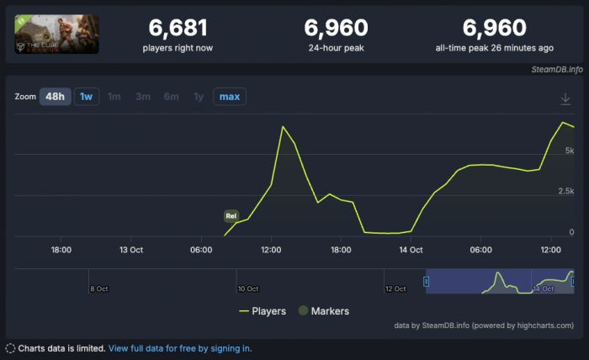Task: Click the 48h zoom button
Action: pyautogui.click(x=55, y=97)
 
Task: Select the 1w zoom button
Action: pyautogui.click(x=86, y=97)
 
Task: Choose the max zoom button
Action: pyautogui.click(x=229, y=97)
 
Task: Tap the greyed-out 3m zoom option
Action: pyautogui.click(x=143, y=97)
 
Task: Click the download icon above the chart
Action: pyautogui.click(x=565, y=99)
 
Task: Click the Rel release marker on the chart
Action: pyautogui.click(x=231, y=216)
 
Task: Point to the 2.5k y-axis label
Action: pyautogui.click(x=566, y=191)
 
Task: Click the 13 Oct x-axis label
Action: pyautogui.click(x=131, y=250)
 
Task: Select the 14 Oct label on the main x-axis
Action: pyautogui.click(x=411, y=250)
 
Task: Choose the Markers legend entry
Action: pyautogui.click(x=322, y=311)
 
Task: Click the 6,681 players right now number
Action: pyautogui.click(x=178, y=29)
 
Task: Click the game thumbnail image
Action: pyautogui.click(x=56, y=34)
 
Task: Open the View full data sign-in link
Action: pyautogui.click(x=179, y=348)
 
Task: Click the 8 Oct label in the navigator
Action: pyautogui.click(x=98, y=289)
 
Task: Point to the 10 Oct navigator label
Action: pyautogui.click(x=248, y=289)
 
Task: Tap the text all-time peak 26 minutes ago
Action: pyautogui.click(x=495, y=48)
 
